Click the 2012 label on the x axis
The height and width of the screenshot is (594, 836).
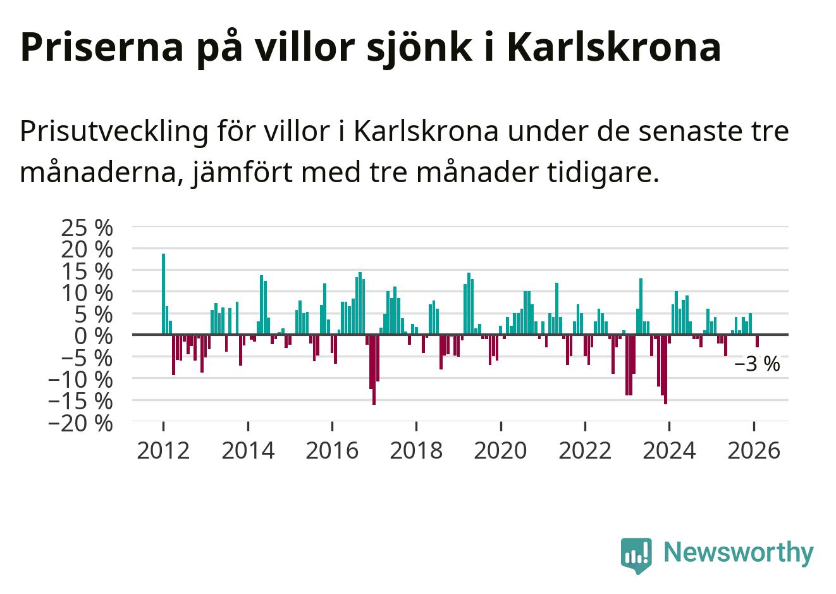point(163,451)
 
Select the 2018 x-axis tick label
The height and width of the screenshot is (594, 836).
point(416,451)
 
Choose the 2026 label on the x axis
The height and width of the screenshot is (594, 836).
point(754,451)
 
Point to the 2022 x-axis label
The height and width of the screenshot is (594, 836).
point(585,451)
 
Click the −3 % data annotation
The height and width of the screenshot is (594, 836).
point(757,365)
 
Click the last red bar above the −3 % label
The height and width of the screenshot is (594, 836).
point(757,341)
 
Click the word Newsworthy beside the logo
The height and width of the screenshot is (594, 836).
point(738,552)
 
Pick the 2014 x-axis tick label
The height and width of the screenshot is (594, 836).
point(248,451)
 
